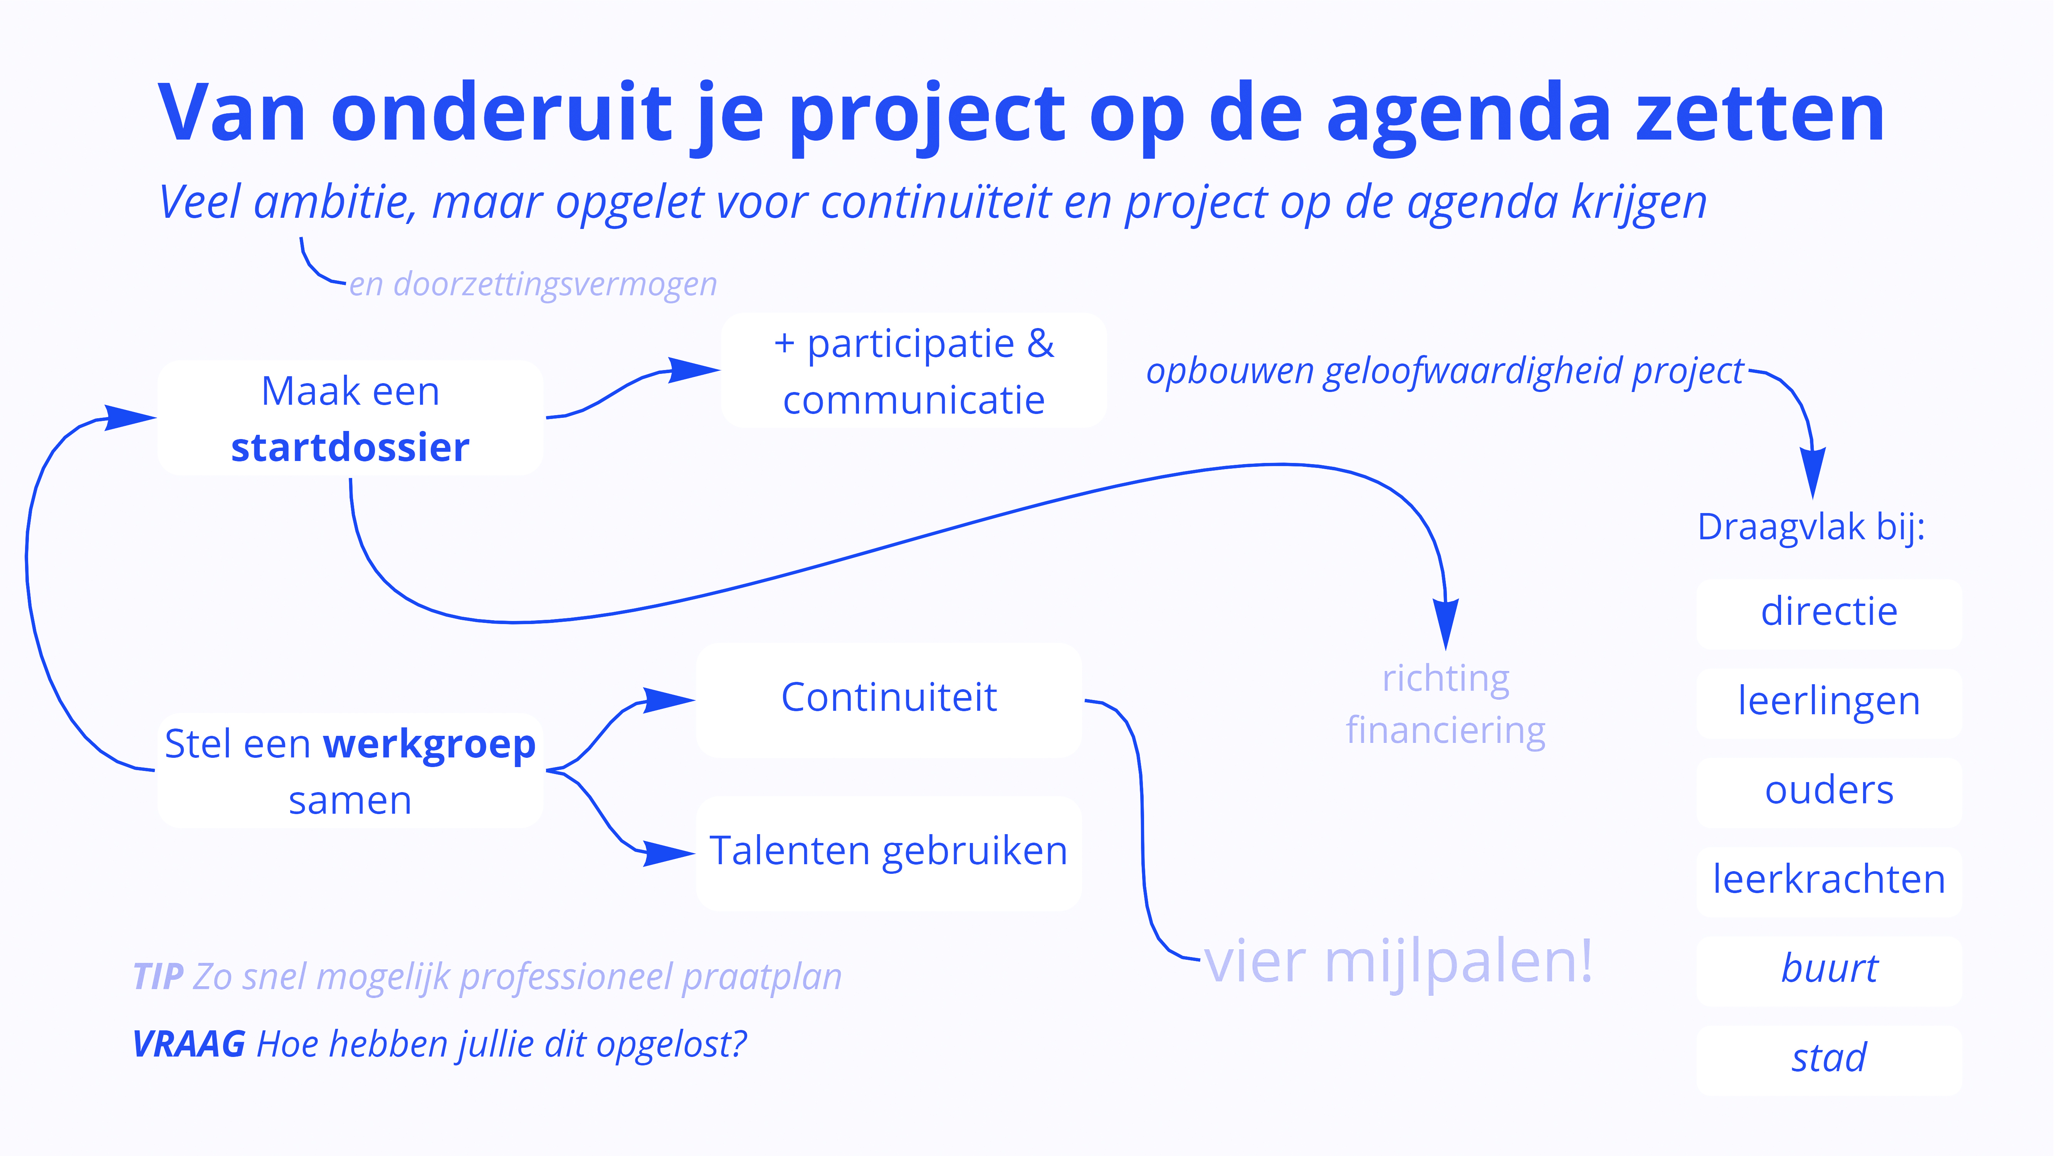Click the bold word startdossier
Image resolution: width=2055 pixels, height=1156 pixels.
[x=350, y=447]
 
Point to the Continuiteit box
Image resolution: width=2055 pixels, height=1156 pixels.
[x=889, y=700]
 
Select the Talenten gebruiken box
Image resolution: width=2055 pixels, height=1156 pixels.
[x=889, y=853]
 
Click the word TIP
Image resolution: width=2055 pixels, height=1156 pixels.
[x=158, y=976]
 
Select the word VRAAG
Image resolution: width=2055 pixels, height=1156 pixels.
[x=188, y=1043]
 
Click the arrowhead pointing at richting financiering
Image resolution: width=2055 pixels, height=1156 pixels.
[x=1445, y=624]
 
